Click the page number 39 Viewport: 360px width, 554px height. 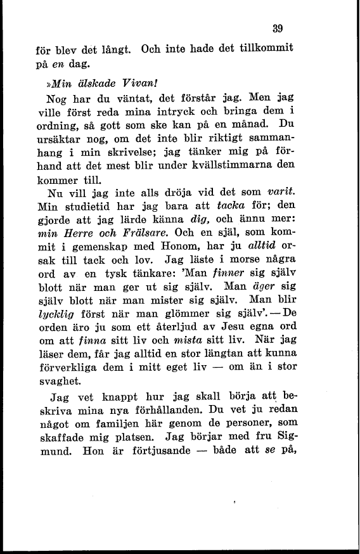(276, 28)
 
